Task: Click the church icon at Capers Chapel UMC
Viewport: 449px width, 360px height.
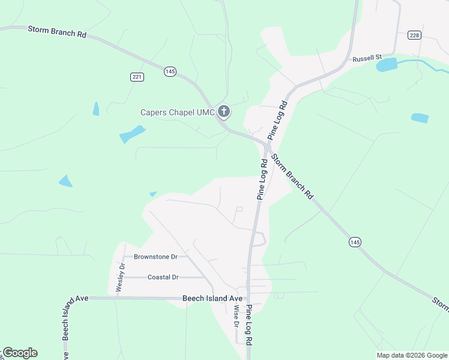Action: tap(224, 111)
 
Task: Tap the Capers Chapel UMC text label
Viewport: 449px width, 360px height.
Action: tap(178, 112)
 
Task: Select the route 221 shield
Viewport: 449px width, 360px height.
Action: tap(137, 76)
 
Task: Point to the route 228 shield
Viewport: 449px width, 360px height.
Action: tap(414, 35)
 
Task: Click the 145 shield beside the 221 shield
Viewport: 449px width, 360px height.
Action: tap(170, 71)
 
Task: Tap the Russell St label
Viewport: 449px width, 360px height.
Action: tap(367, 58)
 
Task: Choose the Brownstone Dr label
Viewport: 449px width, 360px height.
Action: tap(155, 257)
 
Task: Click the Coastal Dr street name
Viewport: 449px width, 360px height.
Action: tap(163, 277)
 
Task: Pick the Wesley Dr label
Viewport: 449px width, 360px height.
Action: tap(121, 277)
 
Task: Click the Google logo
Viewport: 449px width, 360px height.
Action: tap(20, 353)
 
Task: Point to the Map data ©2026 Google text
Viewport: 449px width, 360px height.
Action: tap(412, 355)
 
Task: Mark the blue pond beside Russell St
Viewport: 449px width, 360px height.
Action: tap(387, 64)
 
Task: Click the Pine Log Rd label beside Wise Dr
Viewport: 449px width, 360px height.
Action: tap(248, 325)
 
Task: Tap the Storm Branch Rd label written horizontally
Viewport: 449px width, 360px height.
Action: tap(58, 31)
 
